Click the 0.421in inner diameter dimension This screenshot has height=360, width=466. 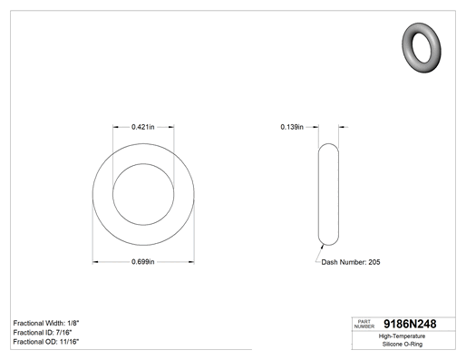pyautogui.click(x=143, y=127)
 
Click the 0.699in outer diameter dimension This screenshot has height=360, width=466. pyautogui.click(x=143, y=262)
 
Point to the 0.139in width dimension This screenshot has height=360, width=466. pyautogui.click(x=292, y=127)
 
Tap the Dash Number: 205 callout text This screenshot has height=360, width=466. pyautogui.click(x=351, y=262)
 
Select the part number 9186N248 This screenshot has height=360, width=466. pyautogui.click(x=410, y=324)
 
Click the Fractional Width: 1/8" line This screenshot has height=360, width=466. pyautogui.click(x=46, y=323)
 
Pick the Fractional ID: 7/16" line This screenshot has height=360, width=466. pyautogui.click(x=43, y=333)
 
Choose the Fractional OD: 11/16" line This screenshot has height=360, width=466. pyautogui.click(x=46, y=342)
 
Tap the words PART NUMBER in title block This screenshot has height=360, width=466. pyautogui.click(x=364, y=324)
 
